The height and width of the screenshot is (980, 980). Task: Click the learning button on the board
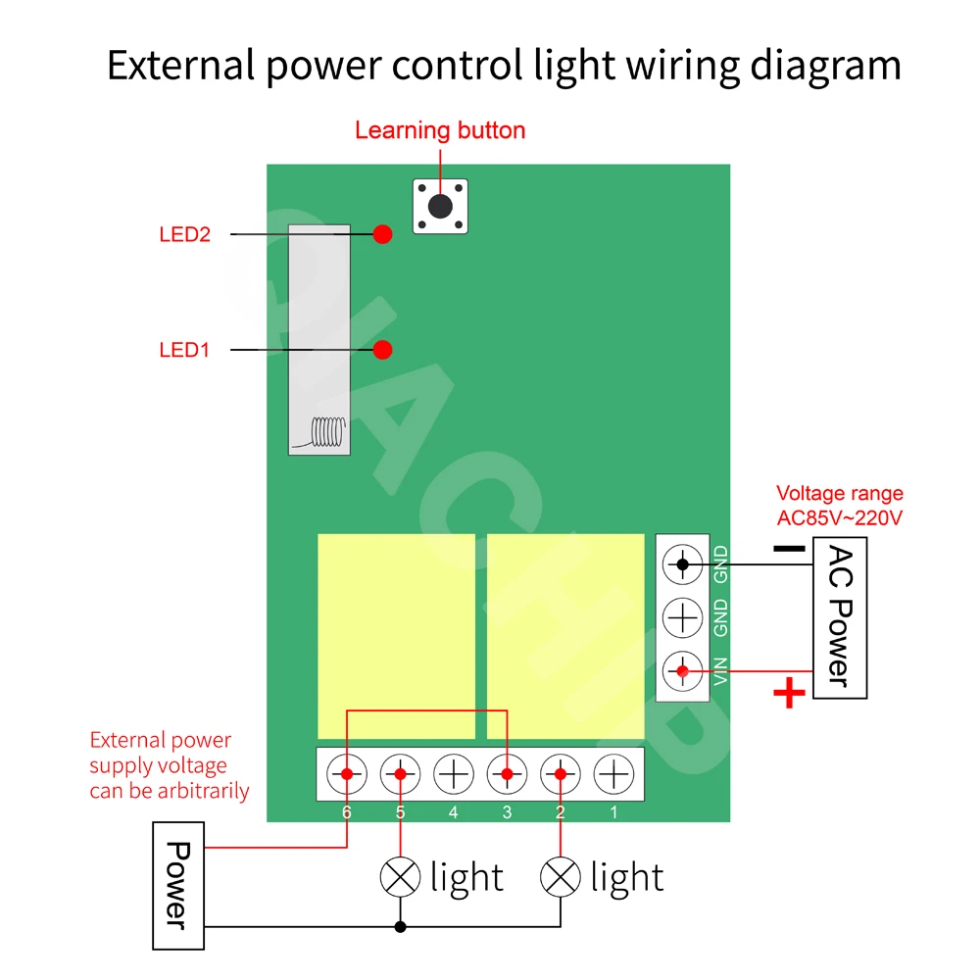(x=441, y=206)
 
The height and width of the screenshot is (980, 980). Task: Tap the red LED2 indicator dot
(x=382, y=234)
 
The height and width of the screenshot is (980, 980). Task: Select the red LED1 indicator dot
(x=382, y=349)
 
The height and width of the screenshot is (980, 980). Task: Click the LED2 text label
(x=185, y=235)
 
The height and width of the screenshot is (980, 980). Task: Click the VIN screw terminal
(x=682, y=671)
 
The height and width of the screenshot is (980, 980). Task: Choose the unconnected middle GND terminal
(x=682, y=617)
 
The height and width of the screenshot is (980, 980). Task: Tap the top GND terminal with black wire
(x=682, y=563)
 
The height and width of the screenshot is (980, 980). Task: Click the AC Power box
(x=840, y=617)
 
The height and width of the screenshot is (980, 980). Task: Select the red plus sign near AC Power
(x=789, y=695)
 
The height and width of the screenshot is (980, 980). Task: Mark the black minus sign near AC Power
(x=788, y=549)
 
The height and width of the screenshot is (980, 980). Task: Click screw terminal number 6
(x=347, y=774)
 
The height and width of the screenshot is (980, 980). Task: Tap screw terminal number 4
(x=454, y=774)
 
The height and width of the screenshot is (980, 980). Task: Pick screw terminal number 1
(x=613, y=774)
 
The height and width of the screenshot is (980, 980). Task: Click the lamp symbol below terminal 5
(x=400, y=877)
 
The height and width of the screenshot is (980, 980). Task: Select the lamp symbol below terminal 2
(x=560, y=877)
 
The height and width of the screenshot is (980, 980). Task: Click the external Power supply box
(x=177, y=885)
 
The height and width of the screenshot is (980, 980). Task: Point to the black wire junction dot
(x=400, y=926)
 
